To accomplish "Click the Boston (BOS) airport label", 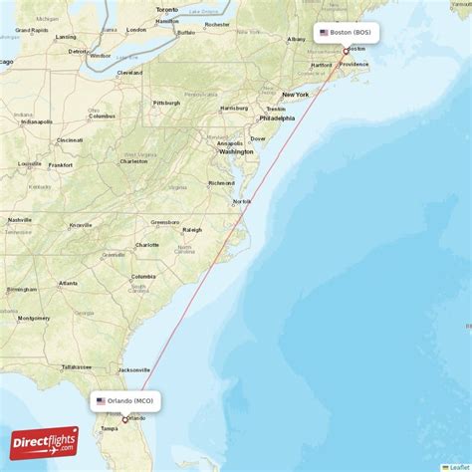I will [347, 32].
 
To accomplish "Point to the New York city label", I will [295, 95].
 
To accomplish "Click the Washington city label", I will [236, 151].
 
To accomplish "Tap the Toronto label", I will [166, 9].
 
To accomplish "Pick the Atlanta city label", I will [69, 283].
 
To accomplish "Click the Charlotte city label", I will [147, 244].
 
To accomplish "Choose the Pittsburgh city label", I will [166, 103].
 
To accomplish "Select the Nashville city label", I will [20, 219].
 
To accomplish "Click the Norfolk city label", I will [242, 201].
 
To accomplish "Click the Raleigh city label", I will [192, 229].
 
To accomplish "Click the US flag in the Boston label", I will [323, 32].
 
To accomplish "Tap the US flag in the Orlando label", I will [101, 400].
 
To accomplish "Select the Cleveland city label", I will [129, 73].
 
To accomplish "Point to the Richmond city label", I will [221, 183].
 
